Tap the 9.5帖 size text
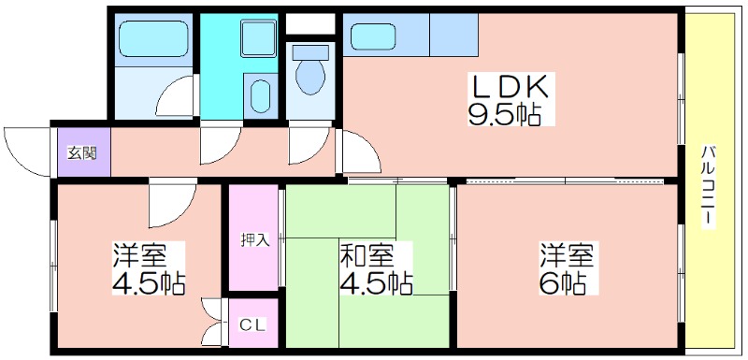(504, 114)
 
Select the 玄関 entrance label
(82, 153)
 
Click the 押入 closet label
(254, 239)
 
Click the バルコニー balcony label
(709, 185)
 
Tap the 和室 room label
(367, 257)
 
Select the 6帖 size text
(562, 283)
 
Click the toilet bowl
(310, 78)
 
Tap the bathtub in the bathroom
(152, 38)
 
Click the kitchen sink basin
(372, 36)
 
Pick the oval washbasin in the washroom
(261, 95)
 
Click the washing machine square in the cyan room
(259, 38)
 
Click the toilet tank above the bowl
(310, 52)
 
